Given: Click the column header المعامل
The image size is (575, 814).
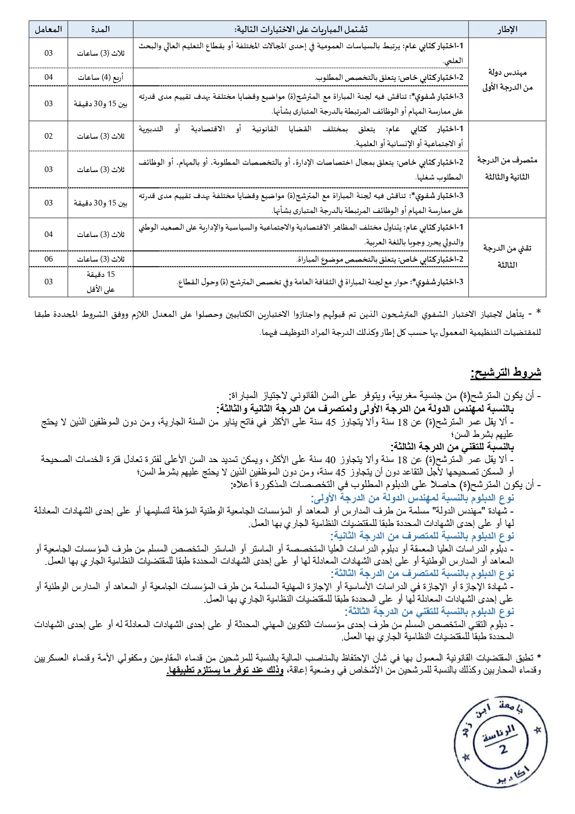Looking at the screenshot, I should (x=48, y=29).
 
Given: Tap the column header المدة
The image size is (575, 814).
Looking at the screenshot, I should (x=100, y=29).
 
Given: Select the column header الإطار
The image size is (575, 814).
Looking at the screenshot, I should (x=507, y=29).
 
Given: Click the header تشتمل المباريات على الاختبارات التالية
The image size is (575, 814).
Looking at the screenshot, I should (x=301, y=29).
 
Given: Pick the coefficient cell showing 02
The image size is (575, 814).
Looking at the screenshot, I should (x=48, y=136).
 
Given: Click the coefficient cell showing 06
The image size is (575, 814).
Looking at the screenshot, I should (x=48, y=259).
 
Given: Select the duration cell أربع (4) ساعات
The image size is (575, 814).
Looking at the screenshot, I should (x=100, y=77).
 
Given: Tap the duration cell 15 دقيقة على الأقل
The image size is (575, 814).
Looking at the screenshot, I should (x=100, y=282).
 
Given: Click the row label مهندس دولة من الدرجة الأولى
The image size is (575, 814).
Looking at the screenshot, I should (x=507, y=79).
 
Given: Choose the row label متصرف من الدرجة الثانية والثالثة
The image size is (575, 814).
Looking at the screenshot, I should (x=507, y=168).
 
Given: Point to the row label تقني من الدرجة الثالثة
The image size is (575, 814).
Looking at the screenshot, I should (x=507, y=256).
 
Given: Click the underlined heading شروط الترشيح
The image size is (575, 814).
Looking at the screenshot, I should (x=506, y=372).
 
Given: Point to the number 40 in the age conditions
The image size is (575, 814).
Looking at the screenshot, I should (x=330, y=460).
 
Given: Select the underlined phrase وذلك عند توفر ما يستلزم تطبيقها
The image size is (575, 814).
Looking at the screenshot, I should (x=225, y=670).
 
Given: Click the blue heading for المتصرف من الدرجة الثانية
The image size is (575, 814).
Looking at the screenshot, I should (x=422, y=536).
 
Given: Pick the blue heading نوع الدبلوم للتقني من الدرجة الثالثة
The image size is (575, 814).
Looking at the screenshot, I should (x=430, y=611).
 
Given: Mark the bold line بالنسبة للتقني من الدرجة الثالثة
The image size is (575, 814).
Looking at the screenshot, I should (x=452, y=447).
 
